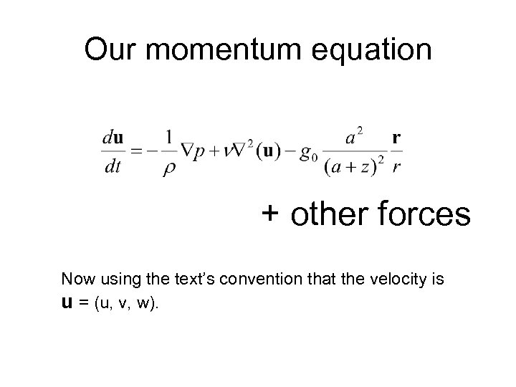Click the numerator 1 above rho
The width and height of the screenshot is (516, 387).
[169, 135]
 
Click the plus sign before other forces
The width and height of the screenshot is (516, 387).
[270, 213]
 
